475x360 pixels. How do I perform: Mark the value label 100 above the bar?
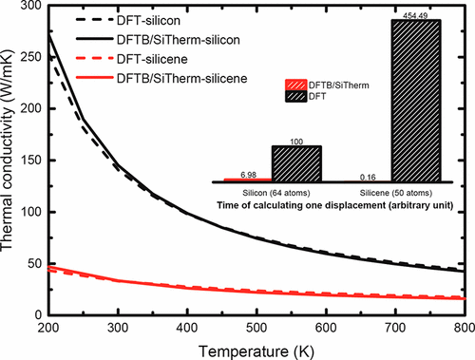pyautogui.click(x=295, y=141)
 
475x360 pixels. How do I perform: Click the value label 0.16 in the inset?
pyautogui.click(x=369, y=176)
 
